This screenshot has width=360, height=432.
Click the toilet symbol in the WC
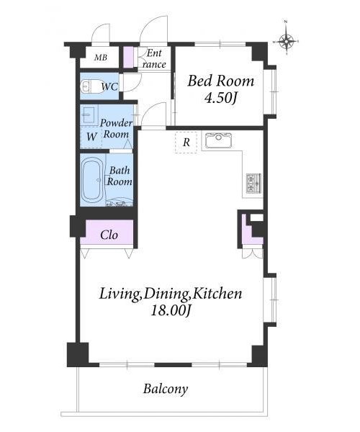[88, 86]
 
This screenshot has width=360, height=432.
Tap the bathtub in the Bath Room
[92, 180]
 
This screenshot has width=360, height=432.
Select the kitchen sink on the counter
[219, 140]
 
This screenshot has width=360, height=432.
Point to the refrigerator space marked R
[186, 143]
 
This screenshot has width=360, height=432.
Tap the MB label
[100, 58]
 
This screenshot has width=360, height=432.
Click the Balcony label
[166, 390]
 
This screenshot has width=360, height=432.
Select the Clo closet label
[109, 235]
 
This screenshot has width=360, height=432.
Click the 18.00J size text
[171, 311]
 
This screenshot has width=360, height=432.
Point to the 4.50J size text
[220, 98]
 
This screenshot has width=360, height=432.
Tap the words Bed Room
[220, 81]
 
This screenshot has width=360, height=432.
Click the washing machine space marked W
[91, 137]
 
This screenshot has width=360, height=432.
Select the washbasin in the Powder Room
[88, 115]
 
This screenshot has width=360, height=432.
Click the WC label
[109, 87]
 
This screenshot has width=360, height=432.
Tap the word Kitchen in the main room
[217, 294]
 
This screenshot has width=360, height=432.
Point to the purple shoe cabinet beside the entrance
[127, 58]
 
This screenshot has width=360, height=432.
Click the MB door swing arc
[99, 31]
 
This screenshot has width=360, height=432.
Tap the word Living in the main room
[120, 294]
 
